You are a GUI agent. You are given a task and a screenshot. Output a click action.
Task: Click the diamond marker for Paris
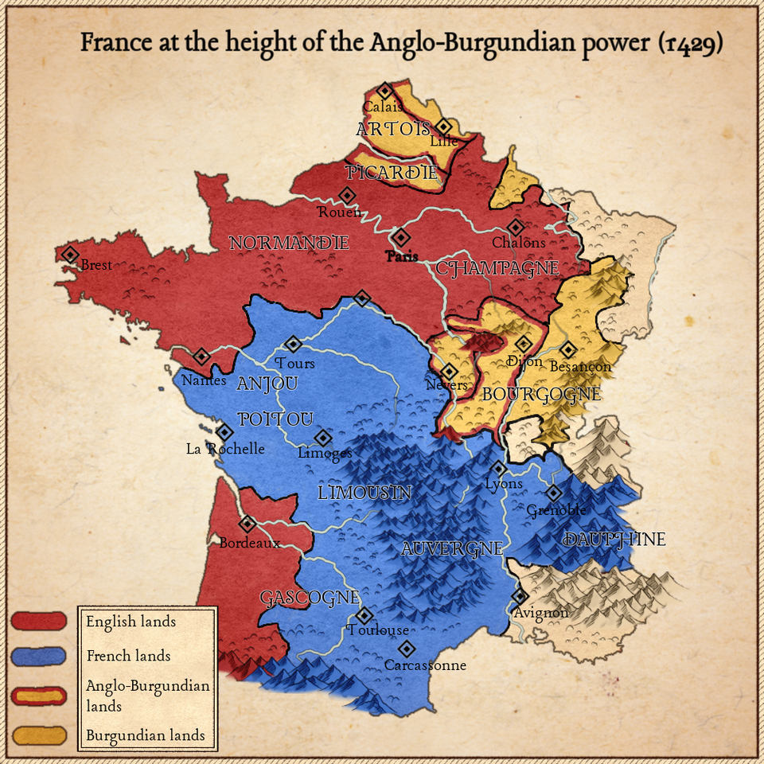(x=400, y=237)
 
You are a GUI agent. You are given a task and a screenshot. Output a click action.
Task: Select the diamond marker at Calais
(x=384, y=91)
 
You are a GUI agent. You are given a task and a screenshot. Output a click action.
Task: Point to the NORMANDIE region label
(x=289, y=243)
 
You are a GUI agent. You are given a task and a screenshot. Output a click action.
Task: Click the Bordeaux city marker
(x=248, y=524)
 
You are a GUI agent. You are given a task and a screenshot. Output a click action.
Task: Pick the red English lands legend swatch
(x=39, y=621)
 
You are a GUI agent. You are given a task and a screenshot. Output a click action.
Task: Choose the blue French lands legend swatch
(x=39, y=656)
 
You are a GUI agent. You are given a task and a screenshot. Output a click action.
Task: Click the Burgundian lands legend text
(x=145, y=735)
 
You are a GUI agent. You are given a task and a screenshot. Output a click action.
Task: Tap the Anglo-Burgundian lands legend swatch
(x=39, y=695)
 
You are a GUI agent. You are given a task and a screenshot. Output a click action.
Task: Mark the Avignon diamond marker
(x=520, y=595)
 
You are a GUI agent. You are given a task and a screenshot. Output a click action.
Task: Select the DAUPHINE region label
(x=614, y=540)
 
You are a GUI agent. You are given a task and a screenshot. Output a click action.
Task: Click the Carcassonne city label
(x=425, y=665)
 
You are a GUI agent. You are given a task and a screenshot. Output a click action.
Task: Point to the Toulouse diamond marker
(x=364, y=615)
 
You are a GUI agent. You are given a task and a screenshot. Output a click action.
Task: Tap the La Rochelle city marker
(x=224, y=432)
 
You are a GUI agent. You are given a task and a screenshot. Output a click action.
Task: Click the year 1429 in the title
(x=691, y=43)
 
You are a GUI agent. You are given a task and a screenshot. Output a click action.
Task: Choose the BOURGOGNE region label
(x=541, y=394)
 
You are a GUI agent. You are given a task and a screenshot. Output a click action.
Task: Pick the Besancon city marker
(x=567, y=349)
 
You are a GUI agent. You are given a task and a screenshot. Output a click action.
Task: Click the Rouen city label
(x=339, y=212)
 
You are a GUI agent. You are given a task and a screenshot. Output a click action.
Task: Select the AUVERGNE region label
(x=452, y=548)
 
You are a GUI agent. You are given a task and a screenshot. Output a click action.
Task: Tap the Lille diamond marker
(x=443, y=127)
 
